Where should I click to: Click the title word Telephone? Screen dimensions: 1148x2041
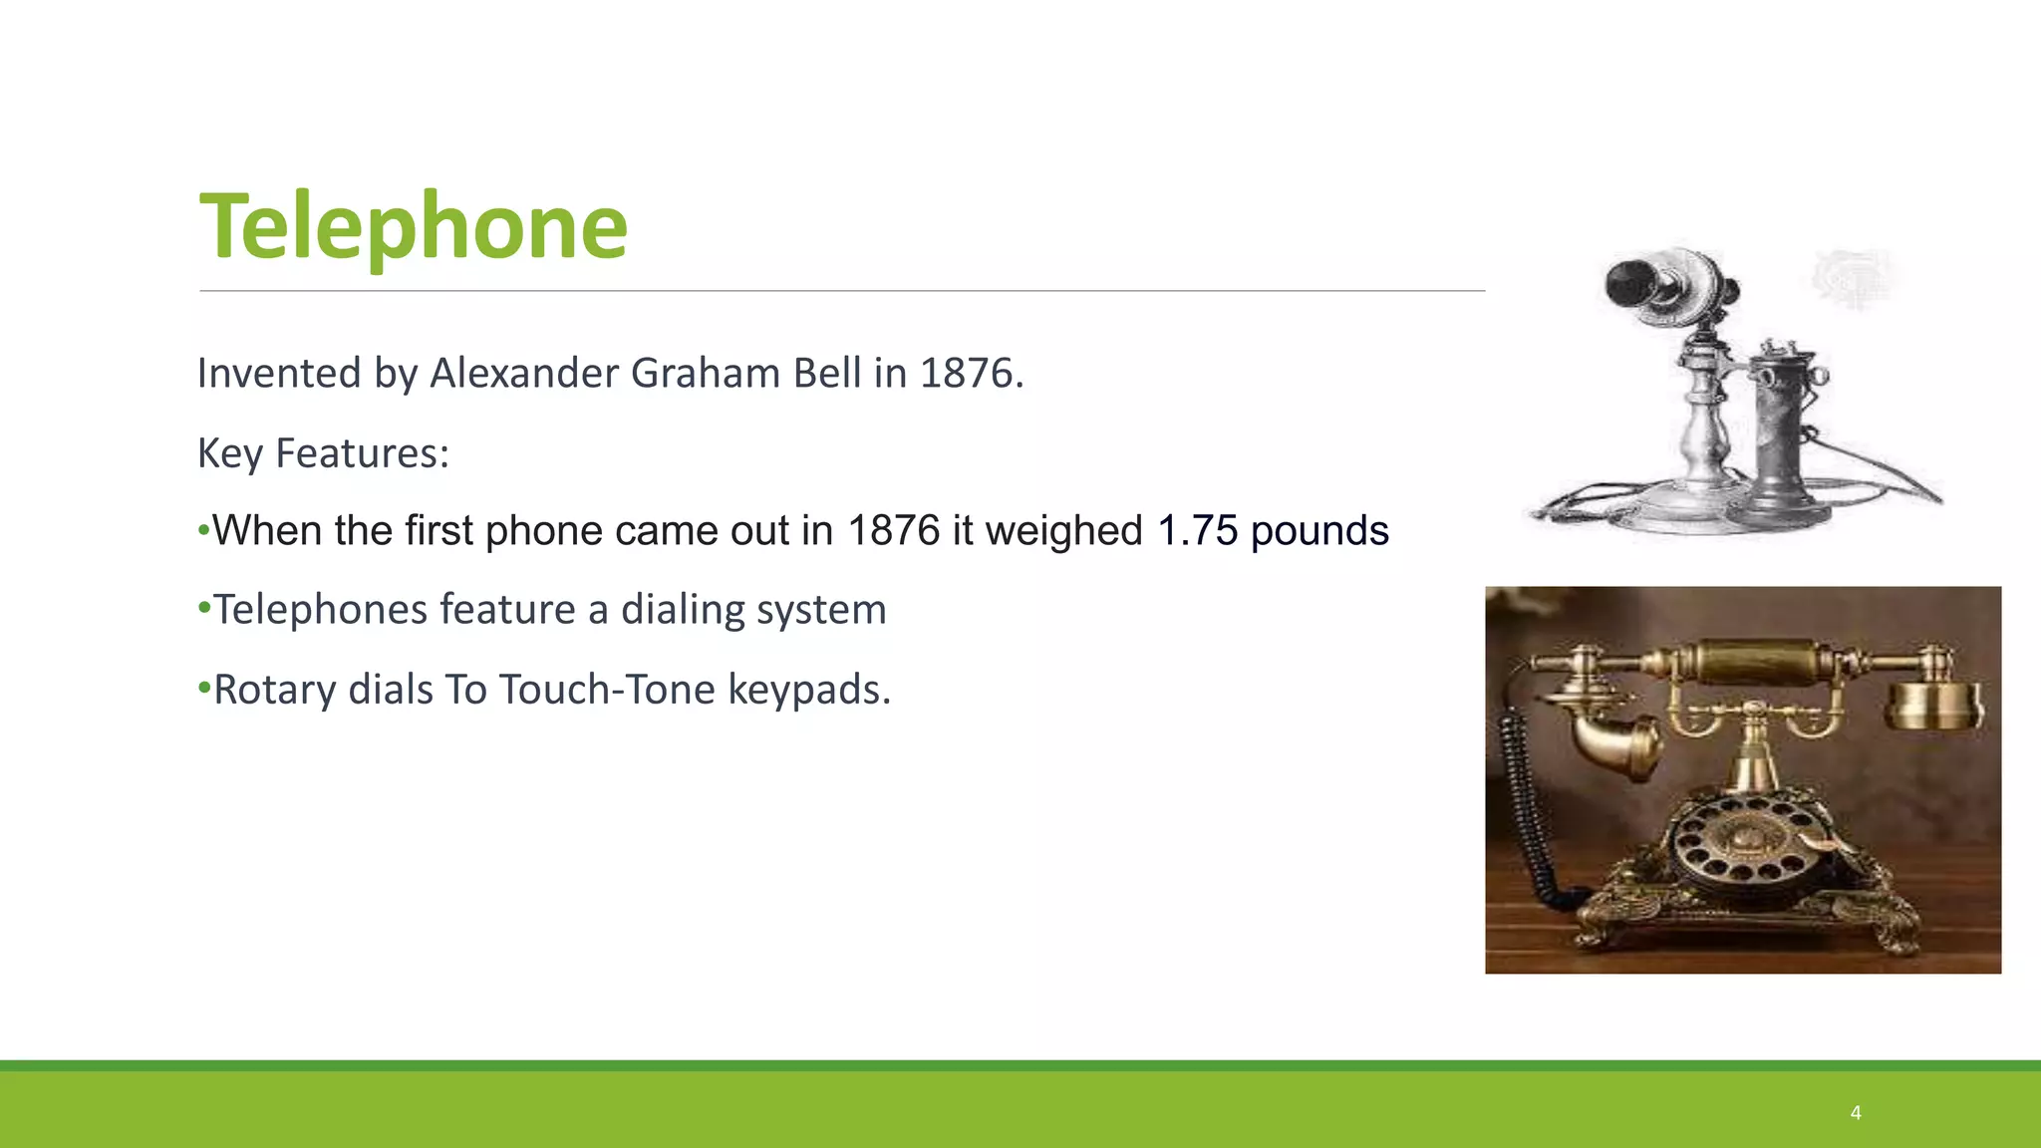tap(414, 227)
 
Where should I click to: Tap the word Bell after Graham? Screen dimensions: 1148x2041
tap(826, 374)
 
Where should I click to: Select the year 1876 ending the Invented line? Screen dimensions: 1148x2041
tap(966, 374)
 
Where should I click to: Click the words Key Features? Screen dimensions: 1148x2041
tap(323, 453)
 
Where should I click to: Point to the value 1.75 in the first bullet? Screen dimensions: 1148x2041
tap(1196, 531)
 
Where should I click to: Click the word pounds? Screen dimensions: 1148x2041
tap(1319, 531)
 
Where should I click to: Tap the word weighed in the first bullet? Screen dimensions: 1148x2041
tap(1063, 531)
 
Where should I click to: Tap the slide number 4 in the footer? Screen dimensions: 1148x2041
tap(1856, 1113)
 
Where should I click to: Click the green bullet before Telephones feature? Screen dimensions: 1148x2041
tap(204, 607)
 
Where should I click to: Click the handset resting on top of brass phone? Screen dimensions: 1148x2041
tap(1754, 664)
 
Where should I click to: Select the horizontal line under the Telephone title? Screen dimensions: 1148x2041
tap(842, 291)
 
